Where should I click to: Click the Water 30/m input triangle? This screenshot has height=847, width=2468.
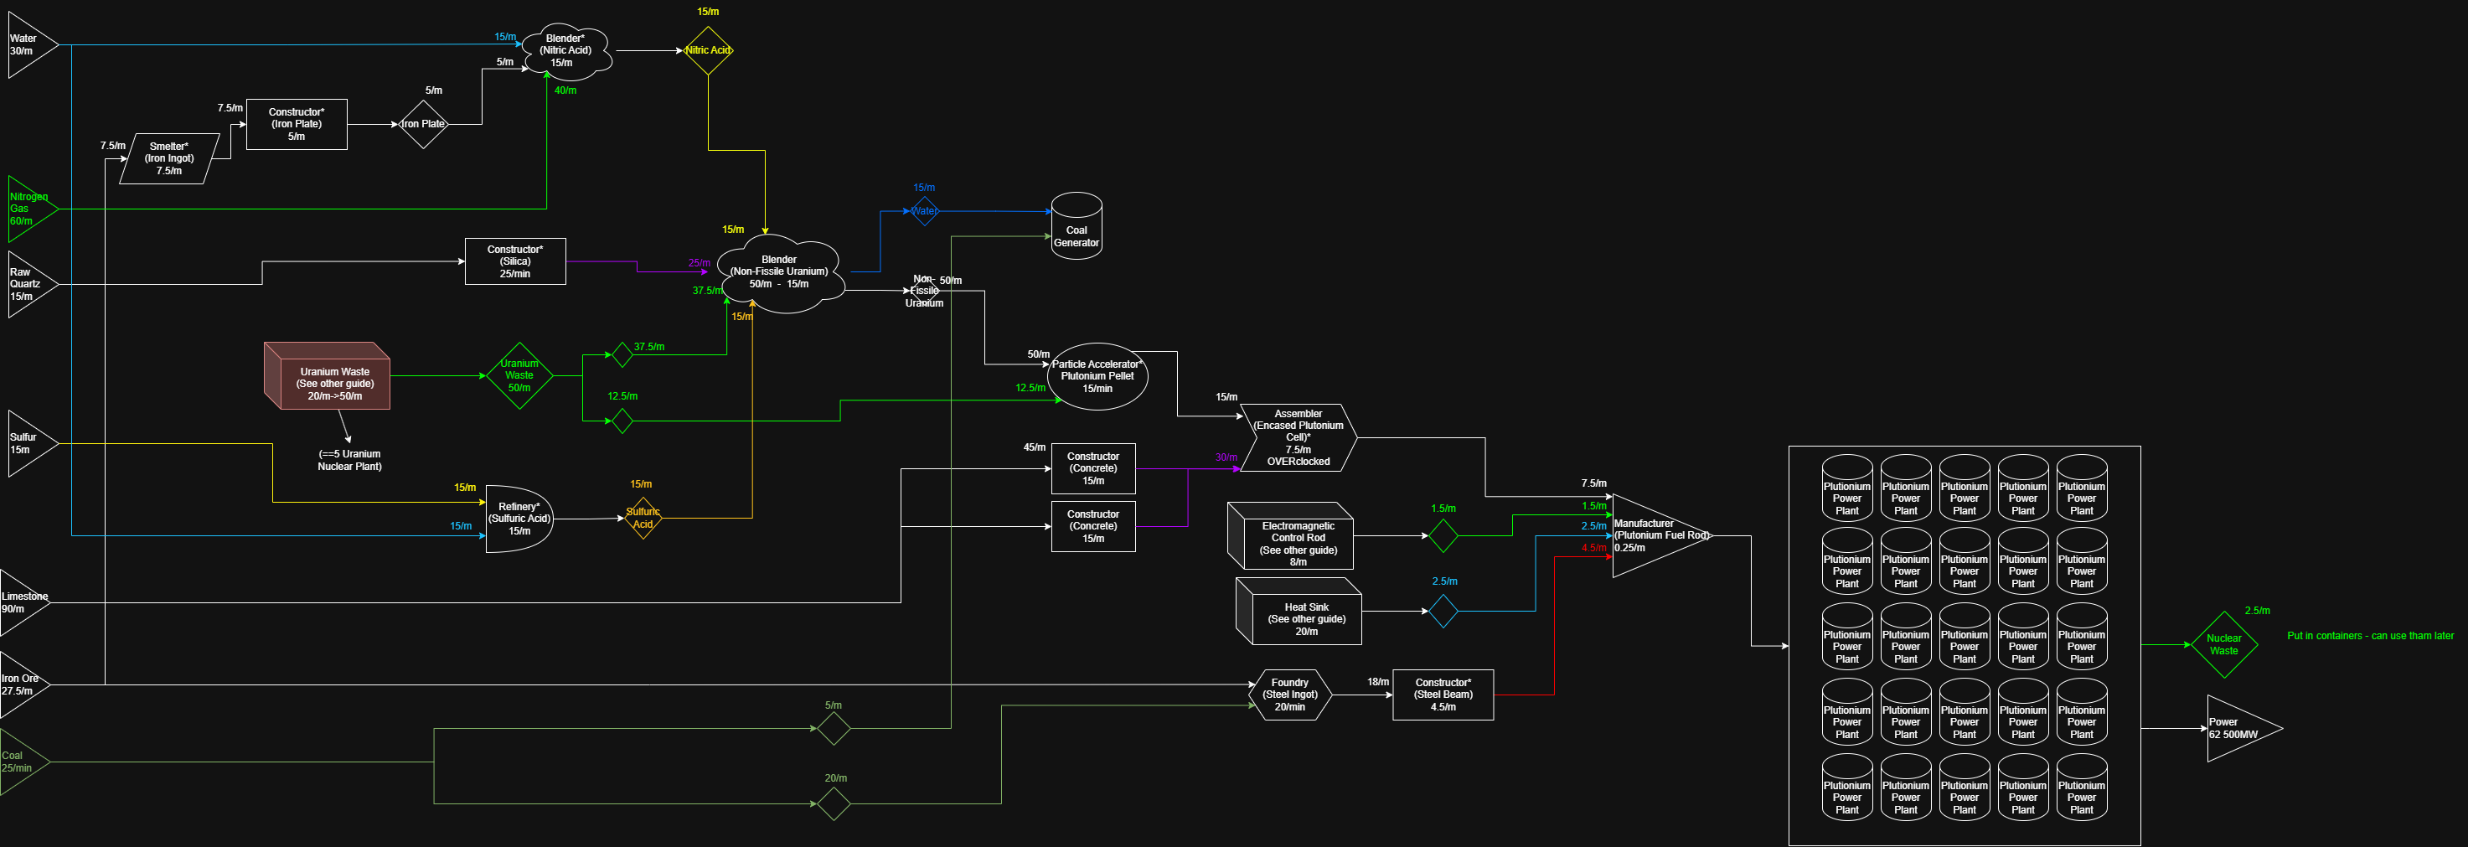[28, 45]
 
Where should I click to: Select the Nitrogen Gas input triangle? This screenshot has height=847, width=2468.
[28, 209]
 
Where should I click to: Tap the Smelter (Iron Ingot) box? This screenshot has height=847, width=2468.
[169, 159]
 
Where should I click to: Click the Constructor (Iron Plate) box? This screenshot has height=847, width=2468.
[296, 125]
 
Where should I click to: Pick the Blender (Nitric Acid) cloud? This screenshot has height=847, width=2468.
[566, 52]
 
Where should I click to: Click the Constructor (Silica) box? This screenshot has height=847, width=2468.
[514, 261]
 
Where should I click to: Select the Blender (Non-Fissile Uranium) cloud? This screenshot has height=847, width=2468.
[780, 273]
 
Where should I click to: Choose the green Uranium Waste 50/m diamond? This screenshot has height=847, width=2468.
[519, 375]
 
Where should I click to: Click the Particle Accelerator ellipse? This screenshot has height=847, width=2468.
[1097, 376]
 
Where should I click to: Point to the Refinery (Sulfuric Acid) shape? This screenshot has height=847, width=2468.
[519, 519]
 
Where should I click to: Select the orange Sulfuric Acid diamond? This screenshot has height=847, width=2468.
[643, 519]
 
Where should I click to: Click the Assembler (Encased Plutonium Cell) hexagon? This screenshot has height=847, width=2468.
[1299, 438]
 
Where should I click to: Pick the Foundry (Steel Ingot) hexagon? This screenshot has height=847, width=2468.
[1289, 695]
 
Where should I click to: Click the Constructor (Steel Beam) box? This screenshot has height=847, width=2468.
[1443, 695]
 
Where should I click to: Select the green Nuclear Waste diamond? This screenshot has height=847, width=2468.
[2223, 645]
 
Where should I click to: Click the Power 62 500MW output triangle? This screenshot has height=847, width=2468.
[2236, 729]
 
